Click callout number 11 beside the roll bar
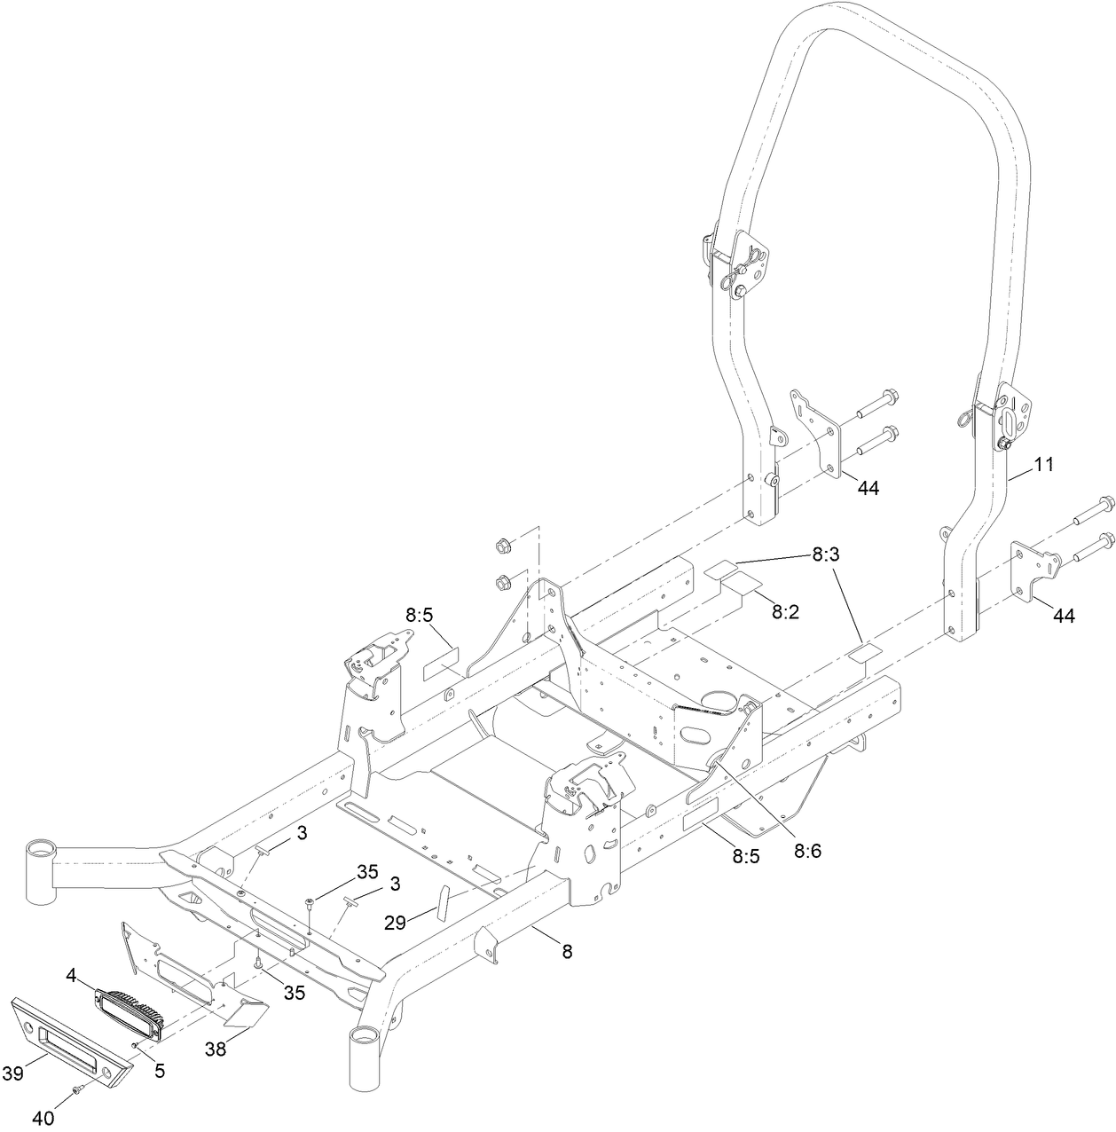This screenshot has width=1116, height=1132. pyautogui.click(x=1044, y=464)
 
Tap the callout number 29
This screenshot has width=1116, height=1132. pyautogui.click(x=396, y=923)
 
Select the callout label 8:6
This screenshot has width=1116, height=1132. pyautogui.click(x=808, y=850)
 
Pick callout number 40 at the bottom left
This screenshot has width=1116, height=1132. pyautogui.click(x=43, y=1118)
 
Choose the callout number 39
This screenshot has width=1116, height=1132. pyautogui.click(x=12, y=1073)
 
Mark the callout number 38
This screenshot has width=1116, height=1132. pyautogui.click(x=215, y=1049)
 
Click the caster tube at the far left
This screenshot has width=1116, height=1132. pyautogui.click(x=40, y=870)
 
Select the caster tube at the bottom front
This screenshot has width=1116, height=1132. pyautogui.click(x=365, y=1060)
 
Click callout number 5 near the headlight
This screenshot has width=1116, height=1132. pyautogui.click(x=159, y=1071)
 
